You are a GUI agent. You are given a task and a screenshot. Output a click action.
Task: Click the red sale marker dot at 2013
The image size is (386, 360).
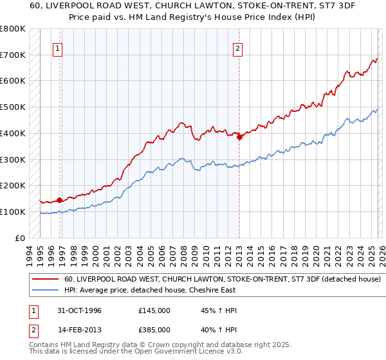[239, 137]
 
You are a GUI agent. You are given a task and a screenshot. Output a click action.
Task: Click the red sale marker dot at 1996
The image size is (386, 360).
[60, 199]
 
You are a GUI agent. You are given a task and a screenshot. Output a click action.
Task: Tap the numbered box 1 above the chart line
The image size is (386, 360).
[58, 48]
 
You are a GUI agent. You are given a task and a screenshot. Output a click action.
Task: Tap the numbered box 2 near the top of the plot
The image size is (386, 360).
[238, 48]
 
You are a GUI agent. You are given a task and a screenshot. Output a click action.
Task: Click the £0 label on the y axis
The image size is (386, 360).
[19, 238]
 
